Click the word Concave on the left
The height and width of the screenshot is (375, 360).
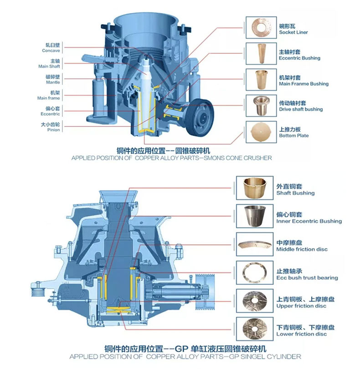(x=51, y=51)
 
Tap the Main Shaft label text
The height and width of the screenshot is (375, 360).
(x=49, y=66)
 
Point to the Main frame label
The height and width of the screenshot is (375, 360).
(x=48, y=98)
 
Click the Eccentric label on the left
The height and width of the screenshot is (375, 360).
(x=51, y=114)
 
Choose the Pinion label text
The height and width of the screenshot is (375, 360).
(x=53, y=130)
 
